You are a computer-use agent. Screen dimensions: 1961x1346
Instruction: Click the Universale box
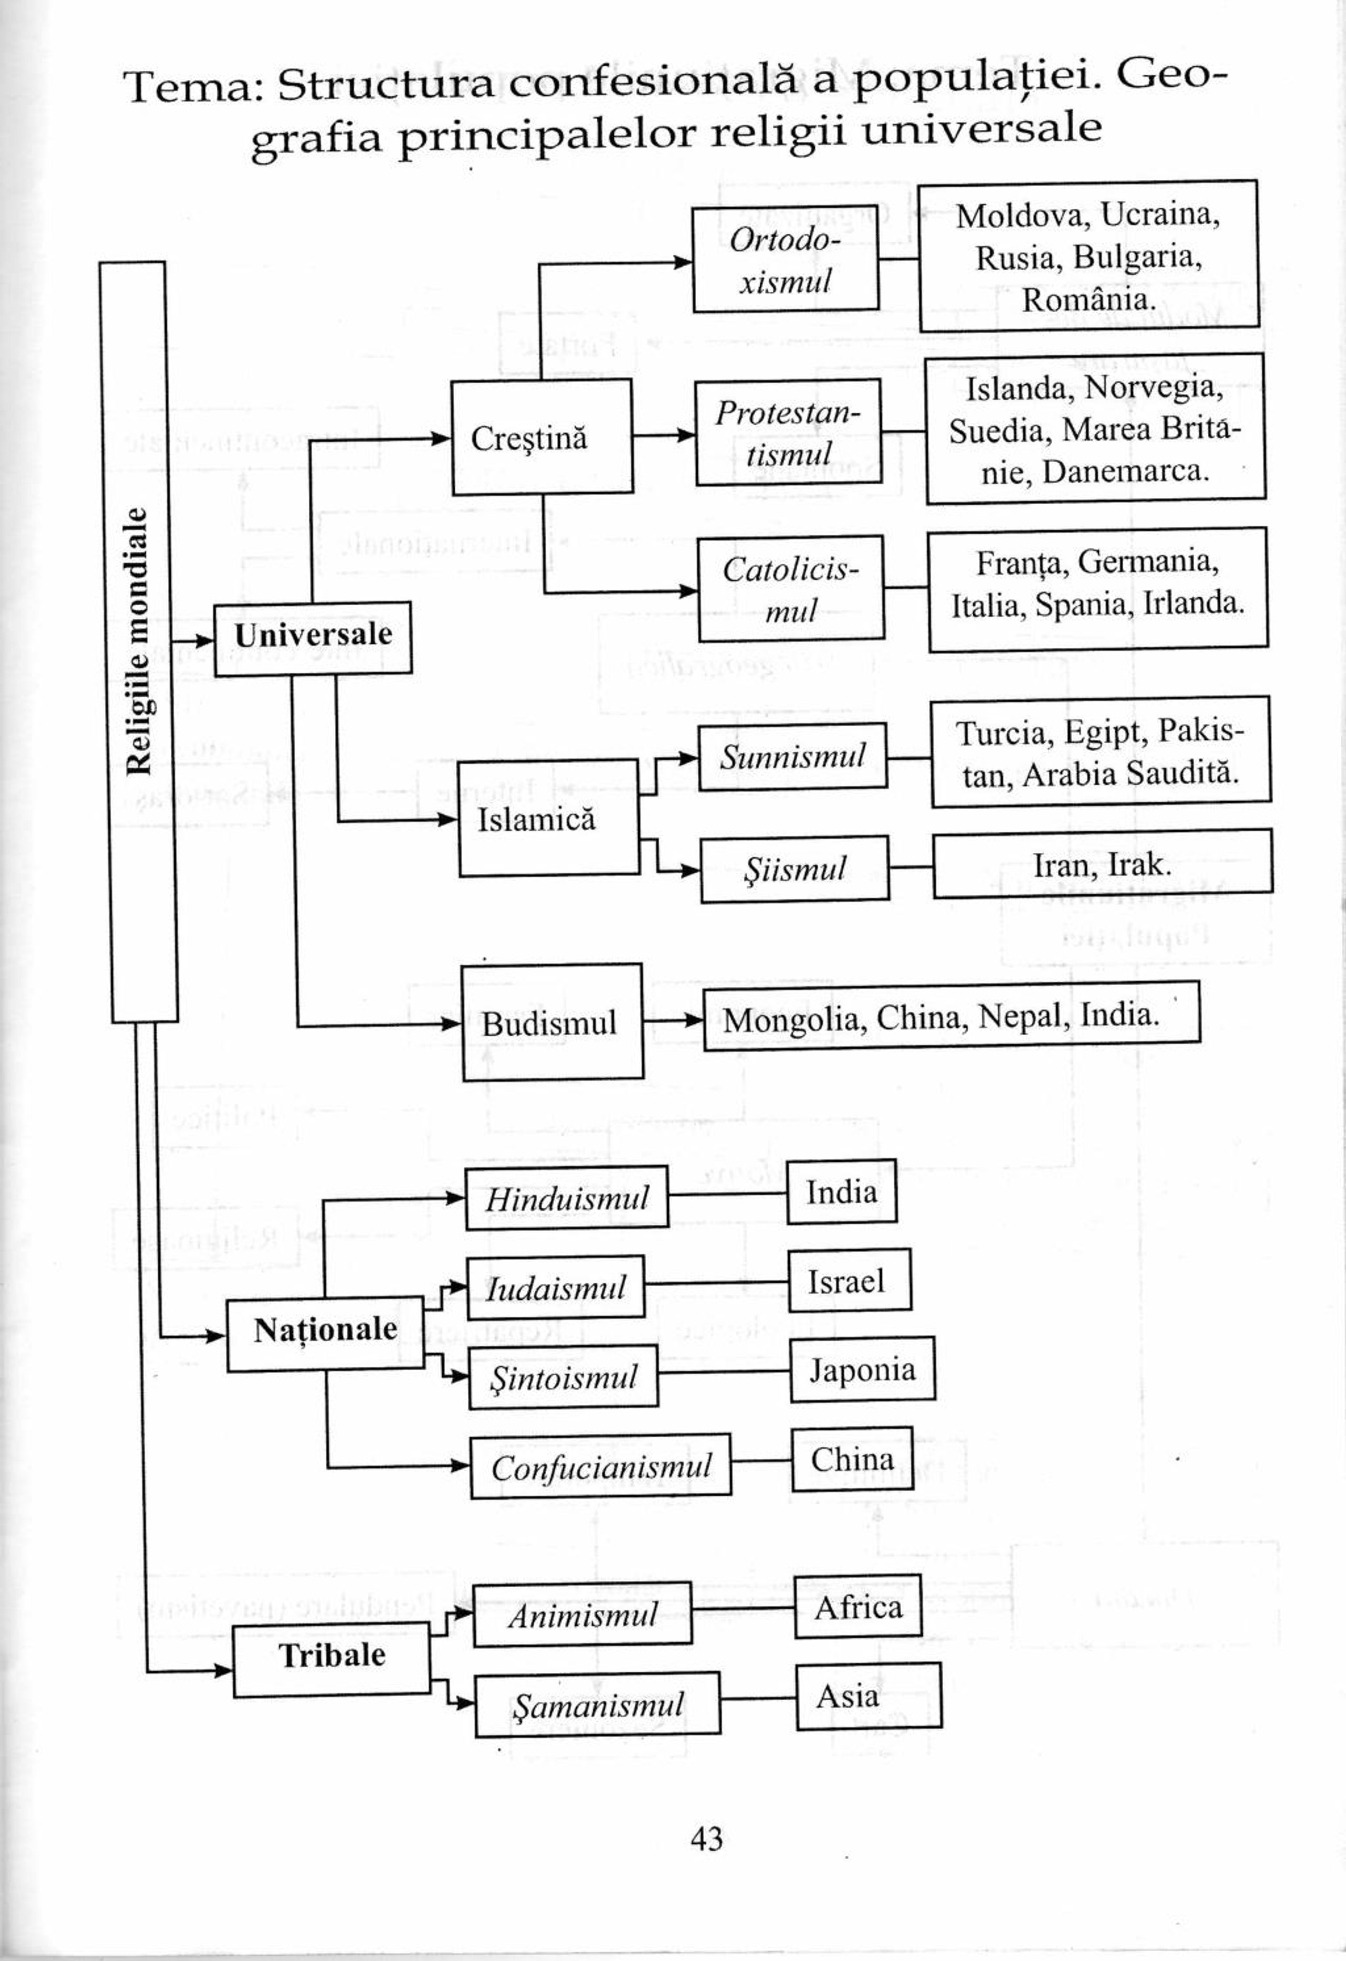pyautogui.click(x=312, y=638)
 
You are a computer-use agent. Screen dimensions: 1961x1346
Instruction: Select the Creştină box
pyautogui.click(x=542, y=437)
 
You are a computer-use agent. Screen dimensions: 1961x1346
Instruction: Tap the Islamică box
pyautogui.click(x=548, y=818)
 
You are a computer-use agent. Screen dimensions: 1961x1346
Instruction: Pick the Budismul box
pyautogui.click(x=552, y=1022)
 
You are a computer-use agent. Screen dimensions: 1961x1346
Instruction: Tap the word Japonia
pyautogui.click(x=862, y=1370)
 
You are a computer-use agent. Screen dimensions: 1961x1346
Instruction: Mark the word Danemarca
pyautogui.click(x=1125, y=472)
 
